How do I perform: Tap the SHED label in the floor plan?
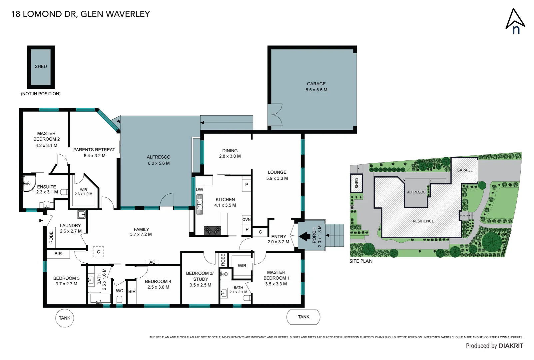pyautogui.click(x=41, y=66)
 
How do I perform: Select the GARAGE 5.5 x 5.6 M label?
pyautogui.click(x=316, y=87)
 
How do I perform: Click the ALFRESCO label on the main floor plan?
pyautogui.click(x=159, y=160)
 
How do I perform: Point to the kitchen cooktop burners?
pyautogui.click(x=212, y=230)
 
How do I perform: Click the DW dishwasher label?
pyautogui.click(x=199, y=189)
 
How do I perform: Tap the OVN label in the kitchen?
pyautogui.click(x=246, y=219)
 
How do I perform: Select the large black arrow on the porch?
pyautogui.click(x=304, y=236)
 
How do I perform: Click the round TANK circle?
pyautogui.click(x=64, y=318)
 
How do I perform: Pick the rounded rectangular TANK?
pyautogui.click(x=303, y=317)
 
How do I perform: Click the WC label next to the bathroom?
pyautogui.click(x=119, y=291)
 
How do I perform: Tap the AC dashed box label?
pyautogui.click(x=152, y=262)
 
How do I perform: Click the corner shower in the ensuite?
pyautogui.click(x=28, y=183)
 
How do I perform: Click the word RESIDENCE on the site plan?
pyautogui.click(x=423, y=221)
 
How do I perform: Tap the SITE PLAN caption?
pyautogui.click(x=361, y=261)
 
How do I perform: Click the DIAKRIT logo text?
pyautogui.click(x=511, y=346)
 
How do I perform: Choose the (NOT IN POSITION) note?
pyautogui.click(x=41, y=94)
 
